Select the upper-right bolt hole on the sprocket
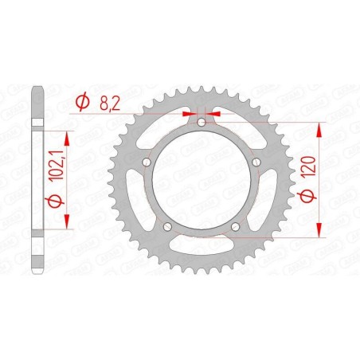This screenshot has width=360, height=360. point(256,162)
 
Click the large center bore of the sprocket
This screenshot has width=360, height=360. point(202,180)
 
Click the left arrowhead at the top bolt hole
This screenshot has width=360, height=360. point(189,114)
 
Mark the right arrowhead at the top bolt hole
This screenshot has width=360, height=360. point(214,114)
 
